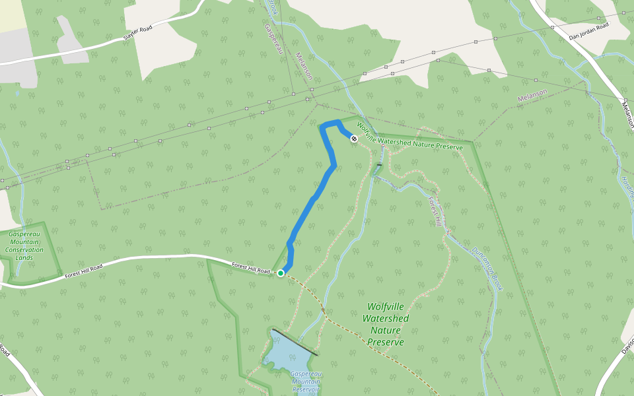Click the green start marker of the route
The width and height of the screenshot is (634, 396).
[281, 273]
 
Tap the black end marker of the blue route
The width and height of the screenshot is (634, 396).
[354, 139]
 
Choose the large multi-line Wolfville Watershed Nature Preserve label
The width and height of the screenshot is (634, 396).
[386, 324]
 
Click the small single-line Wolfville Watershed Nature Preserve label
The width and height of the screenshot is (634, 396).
[409, 135]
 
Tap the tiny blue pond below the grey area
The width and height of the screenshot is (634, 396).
[17, 93]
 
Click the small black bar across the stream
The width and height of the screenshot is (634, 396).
[379, 164]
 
